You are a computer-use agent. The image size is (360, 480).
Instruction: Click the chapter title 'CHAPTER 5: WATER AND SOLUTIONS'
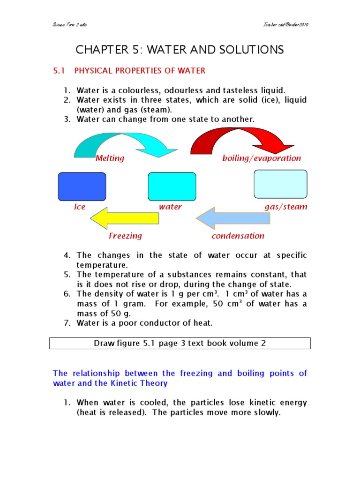point(180,50)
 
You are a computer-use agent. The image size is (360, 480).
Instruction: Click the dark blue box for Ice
point(82,186)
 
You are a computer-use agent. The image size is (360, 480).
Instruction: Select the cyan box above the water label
point(172,186)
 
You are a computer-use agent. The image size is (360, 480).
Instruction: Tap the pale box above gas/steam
point(280,184)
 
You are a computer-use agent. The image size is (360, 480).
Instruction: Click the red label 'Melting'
point(110,158)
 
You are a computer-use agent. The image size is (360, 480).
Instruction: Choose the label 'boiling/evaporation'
point(262,158)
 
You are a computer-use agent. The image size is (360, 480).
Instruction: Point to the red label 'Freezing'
point(125,236)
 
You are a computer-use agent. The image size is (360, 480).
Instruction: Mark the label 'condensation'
point(238,236)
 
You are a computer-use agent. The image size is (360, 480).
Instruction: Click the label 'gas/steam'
point(286,207)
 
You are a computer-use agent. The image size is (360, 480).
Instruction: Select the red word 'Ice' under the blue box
point(80,207)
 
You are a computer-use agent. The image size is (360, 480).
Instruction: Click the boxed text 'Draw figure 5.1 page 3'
point(180,343)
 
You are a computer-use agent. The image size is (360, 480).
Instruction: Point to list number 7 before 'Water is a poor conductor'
point(67,322)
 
